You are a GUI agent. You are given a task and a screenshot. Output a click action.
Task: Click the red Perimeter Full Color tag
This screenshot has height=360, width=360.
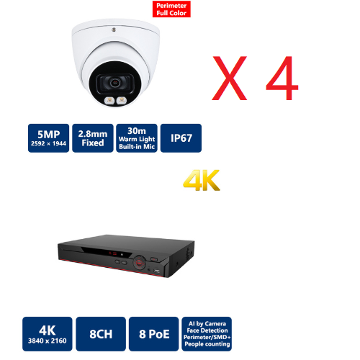[x=171, y=9]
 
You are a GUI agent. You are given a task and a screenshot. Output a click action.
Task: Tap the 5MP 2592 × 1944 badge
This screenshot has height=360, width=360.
[x=48, y=138]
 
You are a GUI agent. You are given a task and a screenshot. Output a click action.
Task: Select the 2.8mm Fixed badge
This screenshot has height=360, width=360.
[x=93, y=138]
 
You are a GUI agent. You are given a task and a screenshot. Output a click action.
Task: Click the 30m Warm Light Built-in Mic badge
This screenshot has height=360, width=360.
[x=137, y=138]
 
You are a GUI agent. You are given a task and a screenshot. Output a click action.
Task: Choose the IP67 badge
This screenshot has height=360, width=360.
[x=181, y=138]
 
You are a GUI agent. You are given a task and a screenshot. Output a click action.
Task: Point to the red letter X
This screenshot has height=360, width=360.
[x=230, y=78]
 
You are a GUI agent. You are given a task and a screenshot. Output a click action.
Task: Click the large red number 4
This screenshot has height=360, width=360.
[x=282, y=78]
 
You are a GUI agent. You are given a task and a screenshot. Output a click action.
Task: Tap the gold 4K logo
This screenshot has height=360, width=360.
[x=201, y=180]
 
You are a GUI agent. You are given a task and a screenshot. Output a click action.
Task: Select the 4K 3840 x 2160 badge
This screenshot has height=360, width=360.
[x=48, y=334]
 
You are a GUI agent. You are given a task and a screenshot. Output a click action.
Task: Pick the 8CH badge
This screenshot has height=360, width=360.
[x=101, y=334]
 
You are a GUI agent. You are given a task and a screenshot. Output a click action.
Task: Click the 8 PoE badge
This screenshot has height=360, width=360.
[x=154, y=334]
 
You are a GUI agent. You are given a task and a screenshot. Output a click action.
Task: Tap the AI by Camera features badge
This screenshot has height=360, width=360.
[x=207, y=334]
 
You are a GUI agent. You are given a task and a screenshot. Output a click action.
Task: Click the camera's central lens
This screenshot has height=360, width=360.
[x=115, y=83]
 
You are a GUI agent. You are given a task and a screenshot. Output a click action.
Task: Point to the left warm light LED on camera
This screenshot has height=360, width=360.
[x=109, y=100]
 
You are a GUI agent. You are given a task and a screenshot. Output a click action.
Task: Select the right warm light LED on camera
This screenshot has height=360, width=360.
[x=122, y=100]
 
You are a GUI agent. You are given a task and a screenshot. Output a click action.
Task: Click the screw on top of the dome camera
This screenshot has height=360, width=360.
[x=114, y=30]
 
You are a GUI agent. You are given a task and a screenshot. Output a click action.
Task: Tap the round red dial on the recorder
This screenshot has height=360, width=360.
[x=140, y=262]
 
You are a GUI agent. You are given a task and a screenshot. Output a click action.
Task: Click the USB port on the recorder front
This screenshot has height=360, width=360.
[x=157, y=271]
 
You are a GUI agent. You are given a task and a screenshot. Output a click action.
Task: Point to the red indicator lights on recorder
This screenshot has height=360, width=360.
[x=112, y=253]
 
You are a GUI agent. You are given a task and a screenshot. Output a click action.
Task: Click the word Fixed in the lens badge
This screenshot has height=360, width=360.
[x=93, y=143]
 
